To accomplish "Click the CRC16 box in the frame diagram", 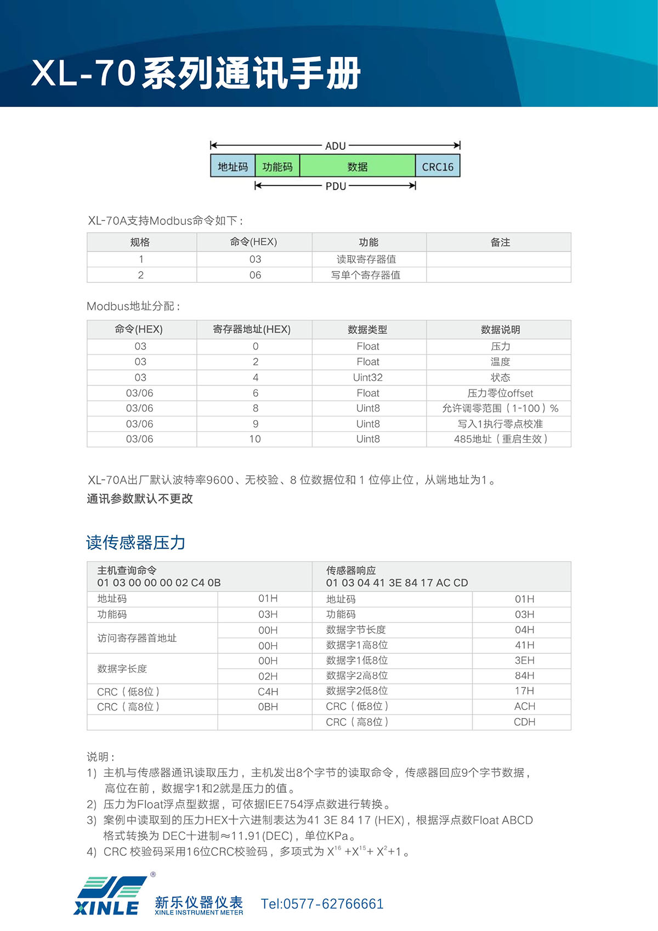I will (x=438, y=167).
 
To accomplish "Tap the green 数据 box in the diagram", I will (x=357, y=167).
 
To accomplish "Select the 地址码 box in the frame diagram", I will (x=232, y=167).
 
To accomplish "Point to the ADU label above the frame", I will (x=336, y=146).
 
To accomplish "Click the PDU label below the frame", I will (x=336, y=186).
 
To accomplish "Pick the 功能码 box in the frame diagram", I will (x=277, y=167).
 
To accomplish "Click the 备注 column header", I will (x=500, y=242).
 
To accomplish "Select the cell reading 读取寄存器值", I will (x=366, y=259).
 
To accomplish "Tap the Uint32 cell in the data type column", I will (x=368, y=377).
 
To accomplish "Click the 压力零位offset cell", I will (x=500, y=393).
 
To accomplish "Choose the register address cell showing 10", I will (x=255, y=439).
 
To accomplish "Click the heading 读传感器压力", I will (x=136, y=543).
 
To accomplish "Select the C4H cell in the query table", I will (x=268, y=692).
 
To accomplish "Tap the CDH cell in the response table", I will (x=524, y=722).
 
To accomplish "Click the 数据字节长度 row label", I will (x=356, y=630).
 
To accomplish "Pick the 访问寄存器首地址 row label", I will (x=137, y=638).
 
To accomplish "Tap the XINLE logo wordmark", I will (x=106, y=908).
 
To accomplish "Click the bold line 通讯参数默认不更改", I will (x=140, y=499).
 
